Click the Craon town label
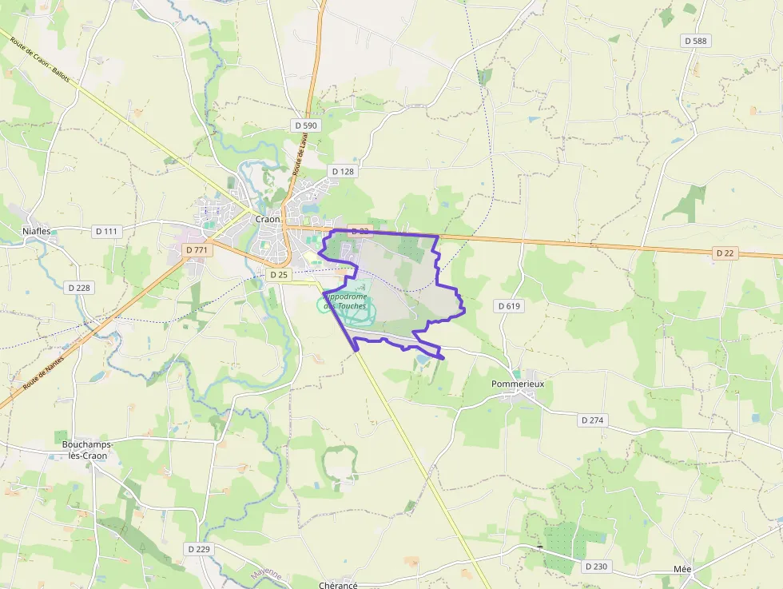click(268, 219)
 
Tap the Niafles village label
click(37, 232)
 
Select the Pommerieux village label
click(518, 384)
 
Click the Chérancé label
click(338, 585)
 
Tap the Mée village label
click(682, 569)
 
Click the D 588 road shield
click(696, 40)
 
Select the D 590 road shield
click(305, 125)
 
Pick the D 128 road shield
click(342, 171)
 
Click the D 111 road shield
click(105, 231)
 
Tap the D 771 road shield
click(197, 250)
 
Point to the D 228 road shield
click(78, 287)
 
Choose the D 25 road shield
click(278, 274)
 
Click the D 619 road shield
click(509, 305)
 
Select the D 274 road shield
click(591, 420)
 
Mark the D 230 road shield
click(595, 566)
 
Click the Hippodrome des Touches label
click(346, 300)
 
